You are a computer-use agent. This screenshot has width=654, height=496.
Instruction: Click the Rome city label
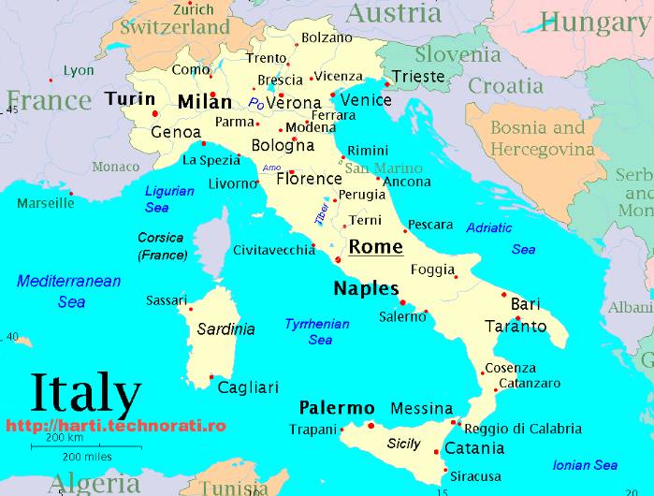375,247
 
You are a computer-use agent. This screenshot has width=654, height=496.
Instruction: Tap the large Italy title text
86,394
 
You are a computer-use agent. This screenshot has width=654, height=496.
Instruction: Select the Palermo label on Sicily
336,409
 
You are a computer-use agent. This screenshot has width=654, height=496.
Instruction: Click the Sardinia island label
225,329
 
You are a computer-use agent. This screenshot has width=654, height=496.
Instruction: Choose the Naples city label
366,288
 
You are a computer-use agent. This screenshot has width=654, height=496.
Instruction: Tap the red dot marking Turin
155,113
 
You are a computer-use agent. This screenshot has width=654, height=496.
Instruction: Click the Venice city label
366,99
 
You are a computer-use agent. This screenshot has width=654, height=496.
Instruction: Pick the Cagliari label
248,387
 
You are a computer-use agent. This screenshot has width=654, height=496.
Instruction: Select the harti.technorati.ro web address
116,425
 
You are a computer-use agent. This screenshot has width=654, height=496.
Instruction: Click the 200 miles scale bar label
87,457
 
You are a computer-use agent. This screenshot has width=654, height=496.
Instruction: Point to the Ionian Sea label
585,465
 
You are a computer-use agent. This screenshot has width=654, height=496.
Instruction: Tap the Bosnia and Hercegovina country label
543,139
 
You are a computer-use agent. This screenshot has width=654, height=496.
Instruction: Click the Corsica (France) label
162,246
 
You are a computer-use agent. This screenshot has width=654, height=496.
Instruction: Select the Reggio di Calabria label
522,429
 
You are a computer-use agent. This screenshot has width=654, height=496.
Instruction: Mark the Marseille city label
45,202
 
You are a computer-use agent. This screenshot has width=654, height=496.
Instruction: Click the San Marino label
384,168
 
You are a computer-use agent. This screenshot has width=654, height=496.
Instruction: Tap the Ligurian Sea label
169,198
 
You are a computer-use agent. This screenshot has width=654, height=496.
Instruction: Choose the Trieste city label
418,76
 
